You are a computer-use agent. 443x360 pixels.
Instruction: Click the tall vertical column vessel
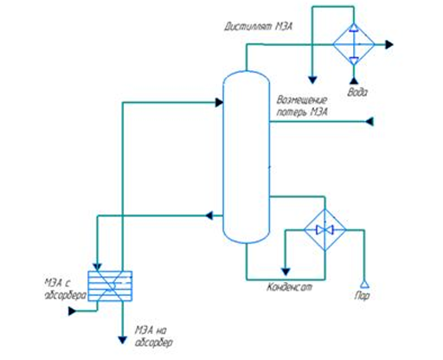tap(247, 157)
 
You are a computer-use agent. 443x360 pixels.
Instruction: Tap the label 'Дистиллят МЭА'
tap(259, 27)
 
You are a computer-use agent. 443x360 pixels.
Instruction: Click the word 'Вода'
tap(357, 93)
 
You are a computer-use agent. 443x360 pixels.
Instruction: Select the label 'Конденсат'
tap(289, 287)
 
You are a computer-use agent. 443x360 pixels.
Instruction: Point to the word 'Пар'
tap(362, 296)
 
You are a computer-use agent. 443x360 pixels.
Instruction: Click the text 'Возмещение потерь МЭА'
tap(302, 106)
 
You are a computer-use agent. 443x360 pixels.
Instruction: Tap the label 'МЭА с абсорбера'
tap(66, 289)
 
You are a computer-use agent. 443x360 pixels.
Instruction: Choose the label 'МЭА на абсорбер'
tap(154, 336)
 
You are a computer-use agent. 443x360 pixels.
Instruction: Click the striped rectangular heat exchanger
tap(110, 286)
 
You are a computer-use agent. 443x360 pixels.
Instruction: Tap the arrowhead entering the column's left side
tap(219, 102)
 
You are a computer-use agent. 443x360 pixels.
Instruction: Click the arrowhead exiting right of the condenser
tap(389, 44)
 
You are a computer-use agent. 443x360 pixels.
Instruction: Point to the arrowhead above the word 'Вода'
tap(354, 80)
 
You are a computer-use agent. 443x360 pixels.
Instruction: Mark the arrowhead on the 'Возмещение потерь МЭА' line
tap(369, 121)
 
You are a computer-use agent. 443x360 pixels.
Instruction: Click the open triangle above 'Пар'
tap(364, 284)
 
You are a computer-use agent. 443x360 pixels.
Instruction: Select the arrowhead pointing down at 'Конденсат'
tap(286, 272)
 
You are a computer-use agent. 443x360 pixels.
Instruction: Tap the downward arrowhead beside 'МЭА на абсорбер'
tap(123, 340)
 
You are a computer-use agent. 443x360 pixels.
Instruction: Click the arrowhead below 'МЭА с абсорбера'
tap(72, 311)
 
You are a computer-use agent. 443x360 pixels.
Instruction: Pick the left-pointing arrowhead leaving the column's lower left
tap(209, 215)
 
